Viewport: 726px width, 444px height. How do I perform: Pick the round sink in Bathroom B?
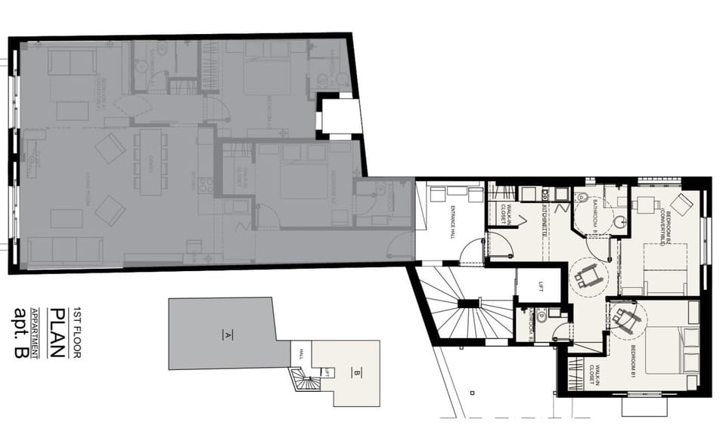click(x=619, y=222)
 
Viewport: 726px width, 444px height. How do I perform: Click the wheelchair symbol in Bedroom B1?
click(x=625, y=319)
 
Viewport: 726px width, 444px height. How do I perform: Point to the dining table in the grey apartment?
click(x=153, y=159)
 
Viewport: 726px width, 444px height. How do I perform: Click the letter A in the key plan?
click(x=225, y=334)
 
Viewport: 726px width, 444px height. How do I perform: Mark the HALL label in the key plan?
click(x=301, y=353)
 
